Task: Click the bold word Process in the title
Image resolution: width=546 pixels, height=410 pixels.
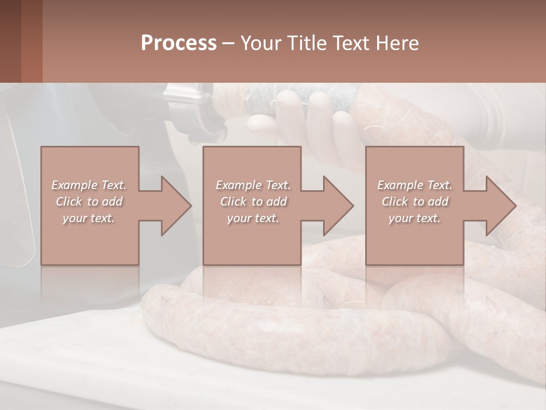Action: [x=179, y=43]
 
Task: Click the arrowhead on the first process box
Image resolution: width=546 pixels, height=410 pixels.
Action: [x=173, y=206]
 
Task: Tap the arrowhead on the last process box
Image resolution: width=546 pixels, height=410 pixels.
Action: [x=498, y=206]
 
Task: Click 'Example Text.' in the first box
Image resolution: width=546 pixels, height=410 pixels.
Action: [x=89, y=185]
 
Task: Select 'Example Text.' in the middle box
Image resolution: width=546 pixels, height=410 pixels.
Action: [x=253, y=185]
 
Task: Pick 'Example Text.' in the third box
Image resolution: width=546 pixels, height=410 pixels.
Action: [x=415, y=185]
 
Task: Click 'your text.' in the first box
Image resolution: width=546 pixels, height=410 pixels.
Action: [x=89, y=218]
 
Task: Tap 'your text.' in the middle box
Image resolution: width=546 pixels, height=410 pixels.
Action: [x=253, y=218]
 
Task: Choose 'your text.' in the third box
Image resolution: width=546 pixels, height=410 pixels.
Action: [x=415, y=218]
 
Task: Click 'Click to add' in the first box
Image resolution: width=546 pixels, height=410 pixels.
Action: [x=89, y=202]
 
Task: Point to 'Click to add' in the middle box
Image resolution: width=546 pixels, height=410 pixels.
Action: [x=253, y=202]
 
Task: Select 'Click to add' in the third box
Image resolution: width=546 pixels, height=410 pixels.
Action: [x=415, y=202]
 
